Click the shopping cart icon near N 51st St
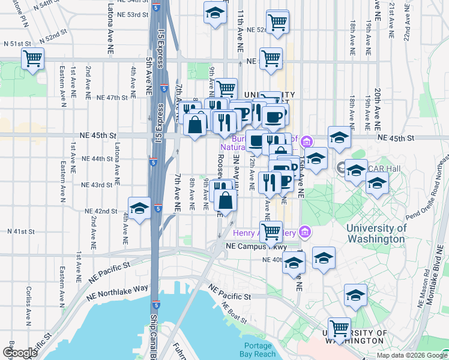(32, 59)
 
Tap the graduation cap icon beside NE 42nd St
(139, 208)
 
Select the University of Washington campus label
(376, 233)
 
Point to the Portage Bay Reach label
(259, 350)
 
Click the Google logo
(20, 353)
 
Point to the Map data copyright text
(412, 355)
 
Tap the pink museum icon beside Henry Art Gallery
(306, 231)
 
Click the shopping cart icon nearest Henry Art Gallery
(271, 230)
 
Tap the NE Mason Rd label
(425, 282)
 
